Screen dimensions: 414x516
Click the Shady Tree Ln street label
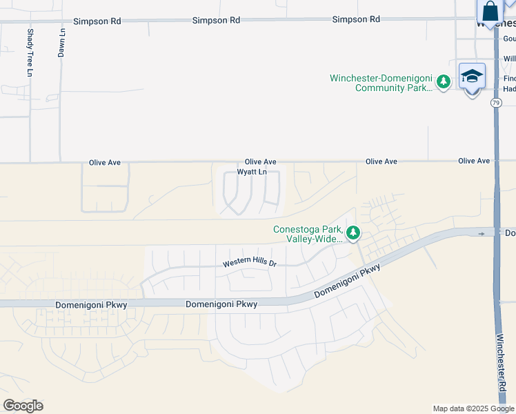[x=30, y=52]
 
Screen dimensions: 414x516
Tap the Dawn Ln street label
[x=62, y=43]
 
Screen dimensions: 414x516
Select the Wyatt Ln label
[x=252, y=172]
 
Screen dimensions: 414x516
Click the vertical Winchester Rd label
[x=502, y=370]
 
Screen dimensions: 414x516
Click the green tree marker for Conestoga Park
[x=353, y=233]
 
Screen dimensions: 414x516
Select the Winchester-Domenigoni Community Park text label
[x=381, y=83]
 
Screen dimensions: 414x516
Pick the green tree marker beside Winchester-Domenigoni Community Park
[x=444, y=82]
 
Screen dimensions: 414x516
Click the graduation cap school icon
[x=473, y=76]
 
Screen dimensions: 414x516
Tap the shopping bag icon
[x=490, y=12]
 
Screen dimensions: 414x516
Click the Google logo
[x=23, y=406]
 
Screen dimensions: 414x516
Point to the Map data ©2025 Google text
[x=473, y=408]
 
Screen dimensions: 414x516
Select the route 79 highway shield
[x=496, y=103]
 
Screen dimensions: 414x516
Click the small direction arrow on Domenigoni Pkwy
[x=482, y=234]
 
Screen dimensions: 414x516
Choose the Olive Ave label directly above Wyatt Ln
[x=260, y=161]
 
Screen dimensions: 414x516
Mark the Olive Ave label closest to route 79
[x=474, y=161]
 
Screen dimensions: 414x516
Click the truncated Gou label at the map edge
[x=509, y=39]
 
